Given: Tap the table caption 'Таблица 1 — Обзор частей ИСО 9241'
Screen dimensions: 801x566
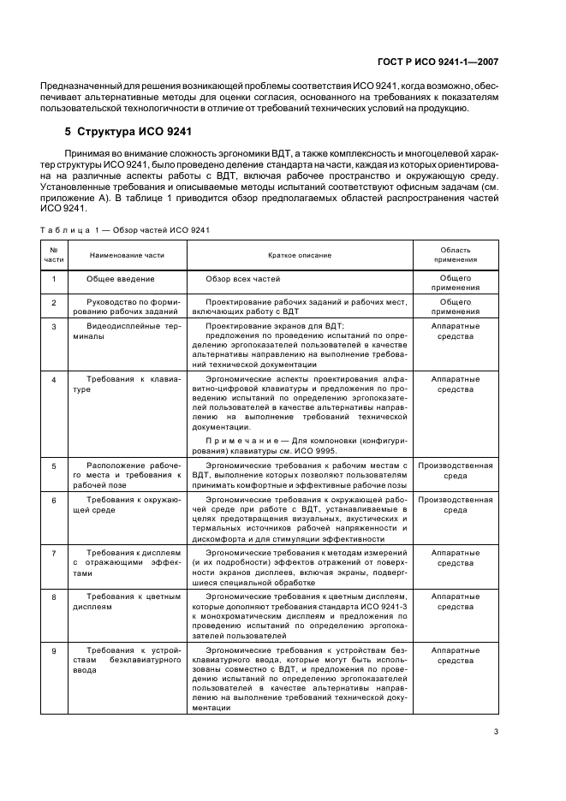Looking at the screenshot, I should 126,229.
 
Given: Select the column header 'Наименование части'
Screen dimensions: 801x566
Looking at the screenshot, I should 127,255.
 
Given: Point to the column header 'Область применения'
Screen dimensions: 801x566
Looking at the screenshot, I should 456,255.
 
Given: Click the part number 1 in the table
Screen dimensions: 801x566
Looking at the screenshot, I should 54,279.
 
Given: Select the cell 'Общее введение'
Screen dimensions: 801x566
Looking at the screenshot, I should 121,279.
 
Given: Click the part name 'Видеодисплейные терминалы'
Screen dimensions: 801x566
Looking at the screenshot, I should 127,331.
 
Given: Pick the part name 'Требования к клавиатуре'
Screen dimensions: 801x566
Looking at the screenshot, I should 127,383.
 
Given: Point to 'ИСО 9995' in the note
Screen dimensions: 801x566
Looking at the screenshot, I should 319,451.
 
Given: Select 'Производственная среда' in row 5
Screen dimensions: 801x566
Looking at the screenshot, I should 456,472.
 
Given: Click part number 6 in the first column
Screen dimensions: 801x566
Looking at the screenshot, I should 54,499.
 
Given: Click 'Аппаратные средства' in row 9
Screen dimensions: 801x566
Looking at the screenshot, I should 456,656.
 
